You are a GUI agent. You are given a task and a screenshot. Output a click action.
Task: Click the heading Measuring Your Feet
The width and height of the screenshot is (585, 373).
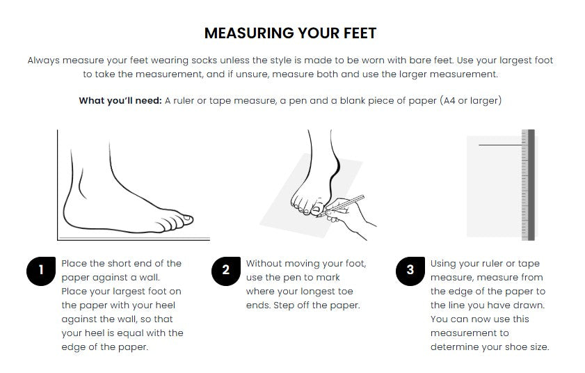click(x=290, y=33)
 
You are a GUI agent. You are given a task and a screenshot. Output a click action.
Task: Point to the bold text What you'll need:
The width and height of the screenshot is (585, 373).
click(x=120, y=101)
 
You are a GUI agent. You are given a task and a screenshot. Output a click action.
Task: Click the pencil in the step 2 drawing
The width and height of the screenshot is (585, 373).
click(x=341, y=205)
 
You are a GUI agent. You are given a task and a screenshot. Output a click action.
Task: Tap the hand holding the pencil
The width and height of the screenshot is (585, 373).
click(x=348, y=216)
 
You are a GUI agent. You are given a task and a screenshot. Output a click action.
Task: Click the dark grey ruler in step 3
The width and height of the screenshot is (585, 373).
click(x=531, y=185)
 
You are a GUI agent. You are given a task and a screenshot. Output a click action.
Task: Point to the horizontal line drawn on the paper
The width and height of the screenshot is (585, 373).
click(x=500, y=145)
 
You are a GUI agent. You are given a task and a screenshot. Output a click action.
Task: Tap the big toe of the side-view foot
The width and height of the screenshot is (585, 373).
click(x=184, y=219)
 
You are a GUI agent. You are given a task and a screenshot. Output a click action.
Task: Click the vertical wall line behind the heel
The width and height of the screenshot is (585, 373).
click(x=58, y=185)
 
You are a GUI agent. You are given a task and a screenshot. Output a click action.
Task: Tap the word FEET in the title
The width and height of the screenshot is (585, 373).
click(x=360, y=33)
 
